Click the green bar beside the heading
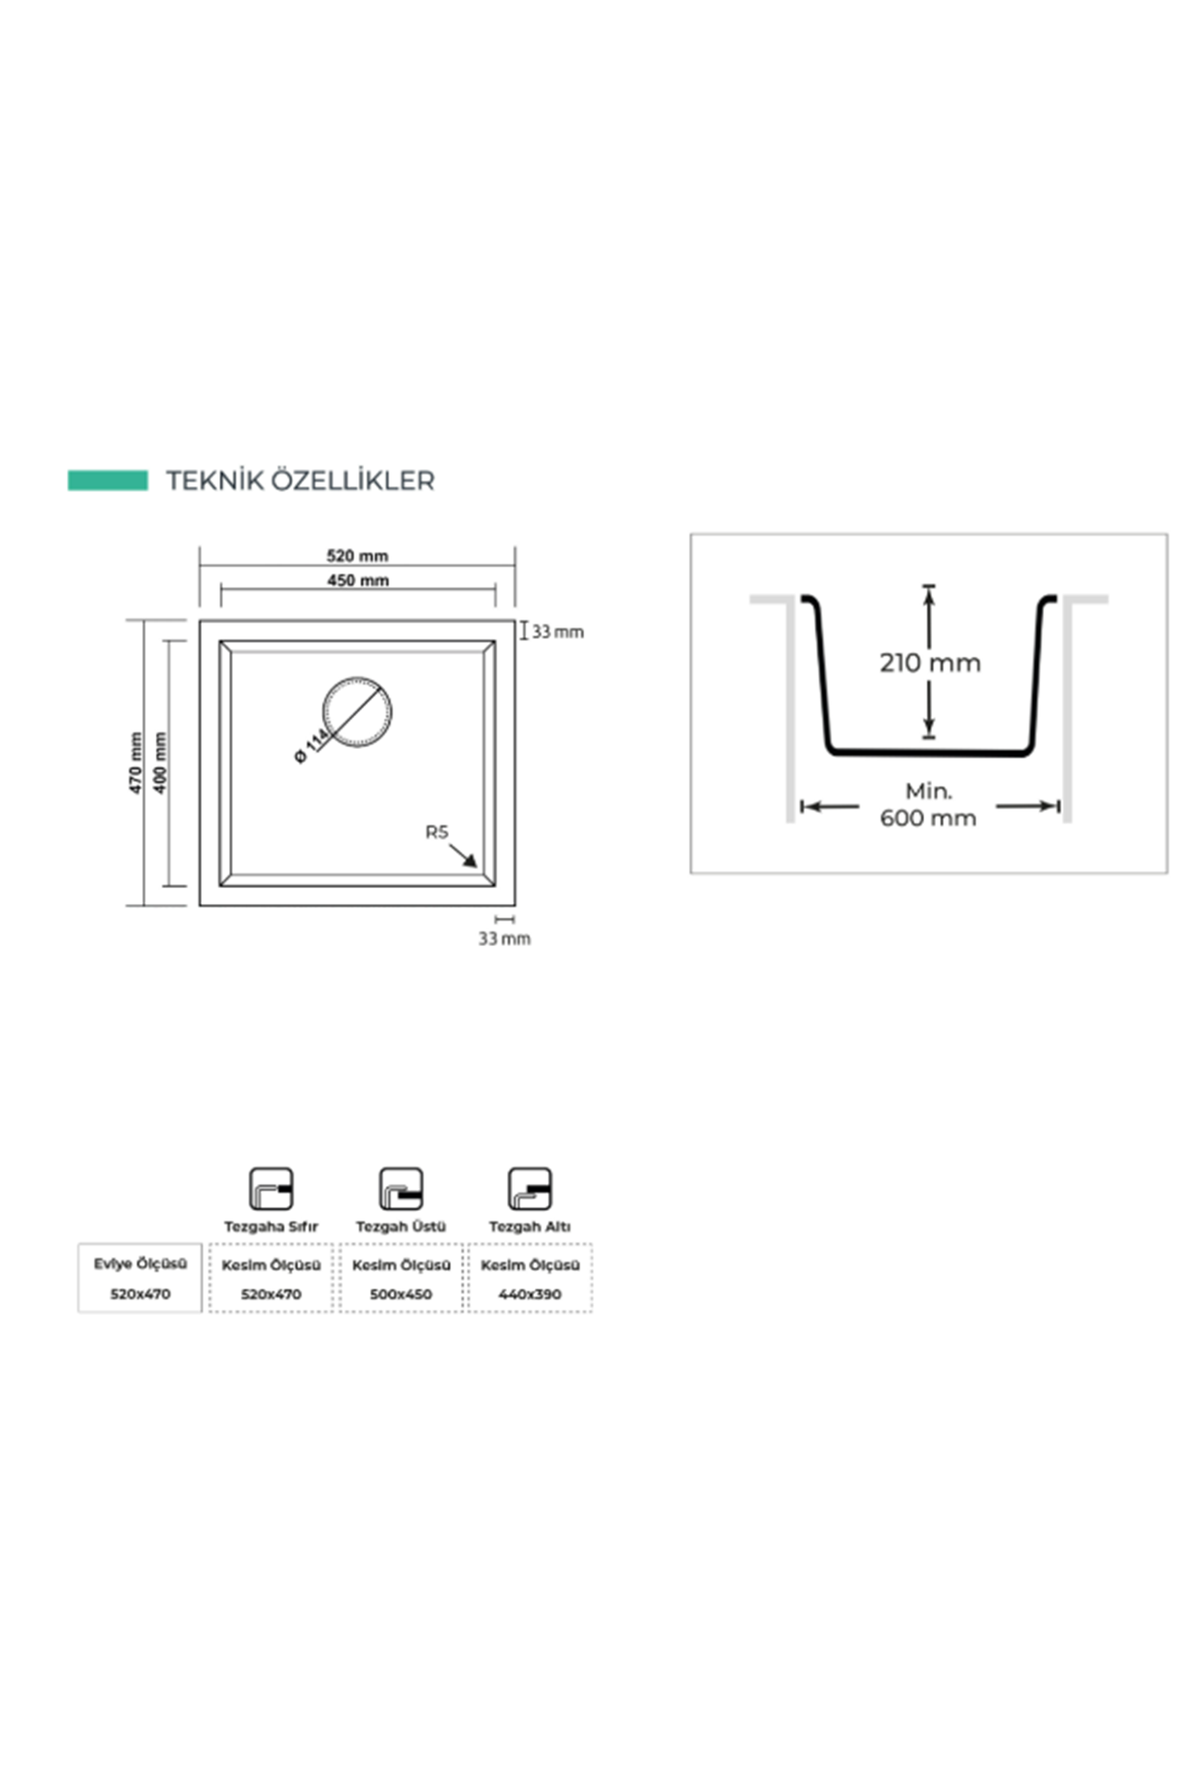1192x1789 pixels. click(107, 480)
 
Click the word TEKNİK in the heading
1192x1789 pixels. click(214, 480)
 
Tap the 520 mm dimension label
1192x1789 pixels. click(358, 555)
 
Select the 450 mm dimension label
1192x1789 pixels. click(358, 580)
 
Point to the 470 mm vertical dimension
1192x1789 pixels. click(136, 763)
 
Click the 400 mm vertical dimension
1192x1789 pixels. click(161, 763)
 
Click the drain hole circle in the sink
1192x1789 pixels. click(357, 712)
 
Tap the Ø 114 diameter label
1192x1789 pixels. click(312, 746)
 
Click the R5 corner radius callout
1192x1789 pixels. click(437, 832)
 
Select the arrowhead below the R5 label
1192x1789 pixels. click(470, 861)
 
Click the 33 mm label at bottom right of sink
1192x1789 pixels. click(505, 938)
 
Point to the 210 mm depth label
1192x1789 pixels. click(930, 662)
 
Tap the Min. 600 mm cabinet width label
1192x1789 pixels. click(928, 805)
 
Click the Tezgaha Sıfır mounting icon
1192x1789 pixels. click(271, 1189)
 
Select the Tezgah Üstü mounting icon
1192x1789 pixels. click(401, 1189)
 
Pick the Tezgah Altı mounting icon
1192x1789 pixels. click(530, 1189)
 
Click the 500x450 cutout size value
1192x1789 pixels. click(401, 1294)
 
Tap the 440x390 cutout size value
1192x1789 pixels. click(530, 1294)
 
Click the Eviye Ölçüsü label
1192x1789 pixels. click(141, 1263)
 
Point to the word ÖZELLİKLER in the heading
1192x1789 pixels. click(353, 480)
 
